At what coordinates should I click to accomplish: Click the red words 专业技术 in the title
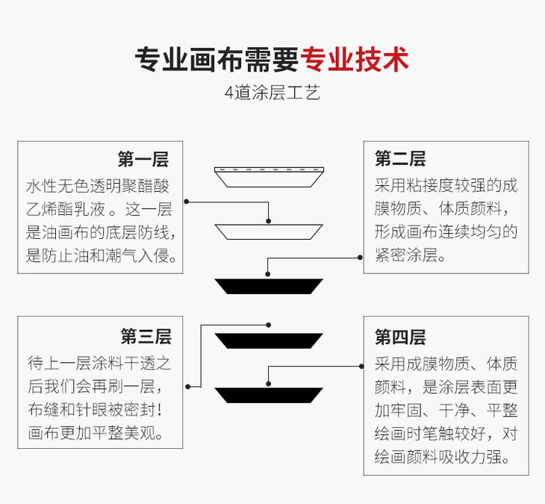pos(355,60)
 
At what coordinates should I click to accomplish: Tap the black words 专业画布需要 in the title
pos(217,60)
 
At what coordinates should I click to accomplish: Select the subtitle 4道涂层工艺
pos(272,93)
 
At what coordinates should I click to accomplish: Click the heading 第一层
pos(143,159)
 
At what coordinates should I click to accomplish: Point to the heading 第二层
pos(400,158)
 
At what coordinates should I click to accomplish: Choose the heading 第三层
pos(146,336)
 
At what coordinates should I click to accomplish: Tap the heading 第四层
pos(400,337)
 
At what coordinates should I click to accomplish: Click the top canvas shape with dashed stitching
pos(269,177)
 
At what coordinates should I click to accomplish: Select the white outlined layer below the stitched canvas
pos(269,231)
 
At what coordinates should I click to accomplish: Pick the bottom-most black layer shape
pos(269,395)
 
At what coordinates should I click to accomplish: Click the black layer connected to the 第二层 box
pos(269,286)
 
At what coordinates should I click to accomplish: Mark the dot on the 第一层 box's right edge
pos(187,202)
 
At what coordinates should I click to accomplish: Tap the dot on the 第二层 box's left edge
pos(360,258)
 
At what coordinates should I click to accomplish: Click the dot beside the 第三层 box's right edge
pos(188,387)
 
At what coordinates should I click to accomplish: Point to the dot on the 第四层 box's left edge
pos(361,367)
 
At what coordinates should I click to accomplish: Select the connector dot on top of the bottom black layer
pos(268,384)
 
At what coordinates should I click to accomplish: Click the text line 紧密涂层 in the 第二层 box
pos(410,255)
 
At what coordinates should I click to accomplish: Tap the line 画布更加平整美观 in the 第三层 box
pos(96,433)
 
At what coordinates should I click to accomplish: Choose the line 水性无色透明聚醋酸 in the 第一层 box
pos(98,186)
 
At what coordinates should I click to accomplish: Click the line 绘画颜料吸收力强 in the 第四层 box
pos(443,457)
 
